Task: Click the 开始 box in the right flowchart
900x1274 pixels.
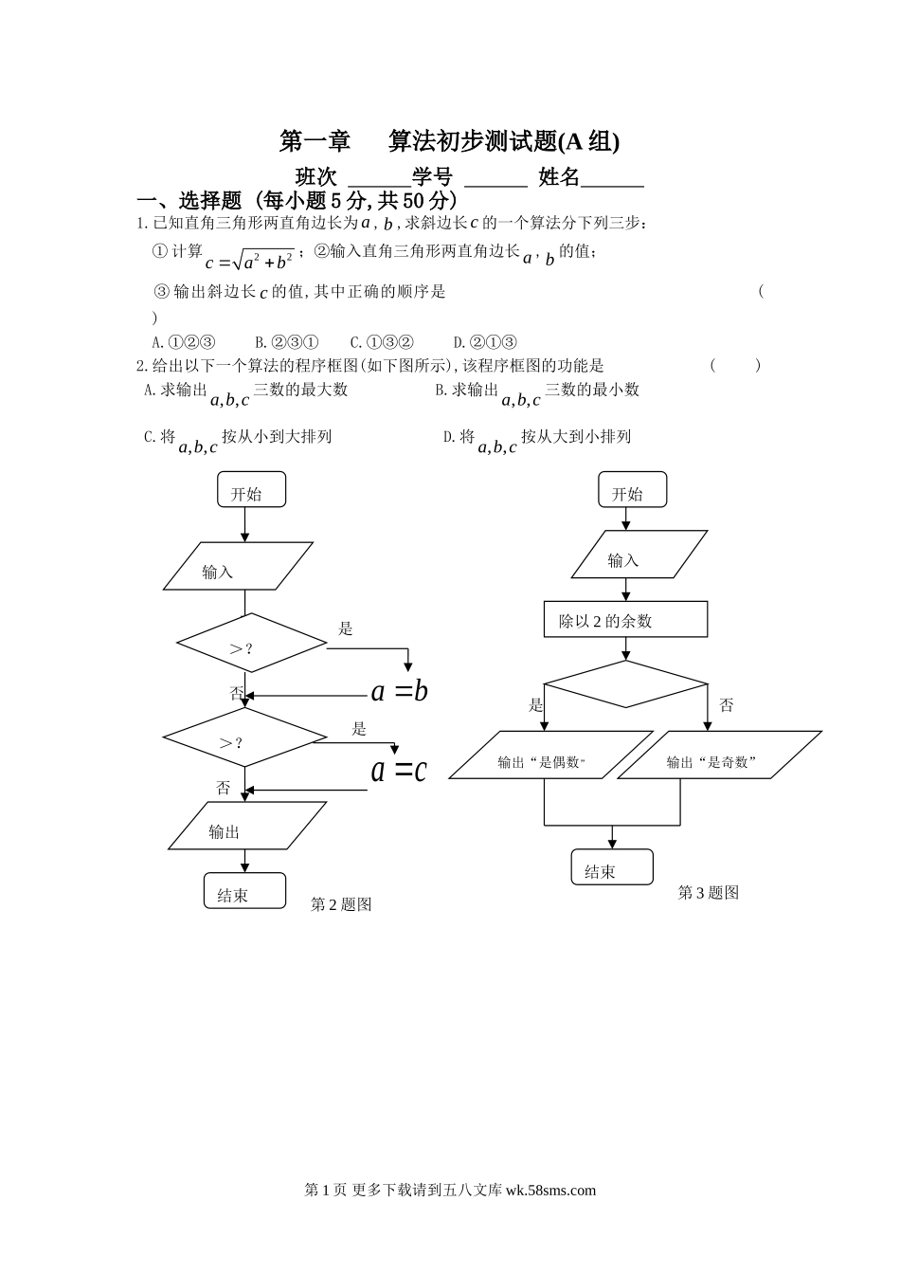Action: (632, 491)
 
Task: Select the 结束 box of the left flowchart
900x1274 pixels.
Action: (244, 891)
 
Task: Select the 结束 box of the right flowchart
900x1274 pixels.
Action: (612, 867)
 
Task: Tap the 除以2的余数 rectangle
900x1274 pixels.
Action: (625, 620)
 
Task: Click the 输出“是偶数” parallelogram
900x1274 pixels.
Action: (549, 755)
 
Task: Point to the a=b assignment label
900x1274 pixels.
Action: (399, 691)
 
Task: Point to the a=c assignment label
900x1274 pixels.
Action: (398, 770)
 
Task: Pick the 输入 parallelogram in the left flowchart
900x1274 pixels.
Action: (238, 566)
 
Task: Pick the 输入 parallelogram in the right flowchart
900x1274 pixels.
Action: (639, 555)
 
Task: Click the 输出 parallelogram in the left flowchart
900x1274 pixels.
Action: (246, 827)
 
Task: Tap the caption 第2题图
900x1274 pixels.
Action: (341, 905)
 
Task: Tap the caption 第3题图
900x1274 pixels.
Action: (708, 893)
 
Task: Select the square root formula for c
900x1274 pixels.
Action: (249, 259)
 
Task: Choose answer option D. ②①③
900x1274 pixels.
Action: (484, 342)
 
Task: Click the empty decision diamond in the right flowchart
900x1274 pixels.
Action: (625, 683)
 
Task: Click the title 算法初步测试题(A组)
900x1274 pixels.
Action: (503, 141)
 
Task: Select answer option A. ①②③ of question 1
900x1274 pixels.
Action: (184, 342)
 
